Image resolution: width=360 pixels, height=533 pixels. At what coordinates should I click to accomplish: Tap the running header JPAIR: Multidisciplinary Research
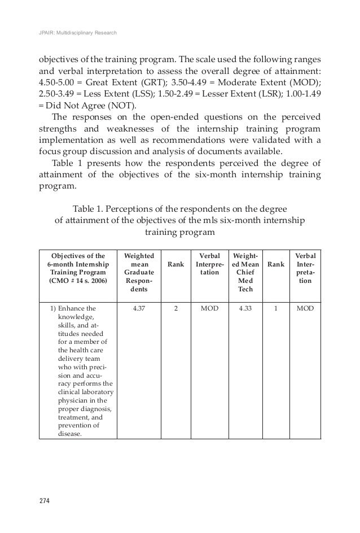point(78,33)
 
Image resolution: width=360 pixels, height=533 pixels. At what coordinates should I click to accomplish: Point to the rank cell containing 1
point(276,309)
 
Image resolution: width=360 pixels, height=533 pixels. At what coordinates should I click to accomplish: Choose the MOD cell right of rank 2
point(210,309)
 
